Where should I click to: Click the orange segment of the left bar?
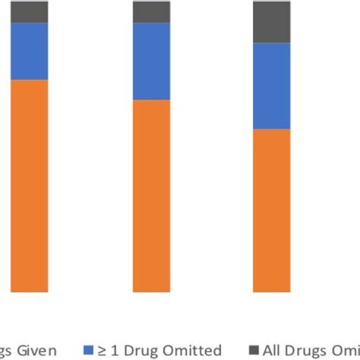click(x=30, y=186)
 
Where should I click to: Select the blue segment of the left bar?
click(x=30, y=51)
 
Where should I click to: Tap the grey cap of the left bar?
click(x=30, y=11)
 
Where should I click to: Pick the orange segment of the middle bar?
click(x=152, y=196)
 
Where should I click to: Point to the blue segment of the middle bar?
click(x=152, y=62)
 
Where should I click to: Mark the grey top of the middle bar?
click(x=152, y=11)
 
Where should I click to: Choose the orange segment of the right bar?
click(x=271, y=210)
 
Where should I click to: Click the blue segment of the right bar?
click(x=271, y=86)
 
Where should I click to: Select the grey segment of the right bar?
click(x=271, y=22)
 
